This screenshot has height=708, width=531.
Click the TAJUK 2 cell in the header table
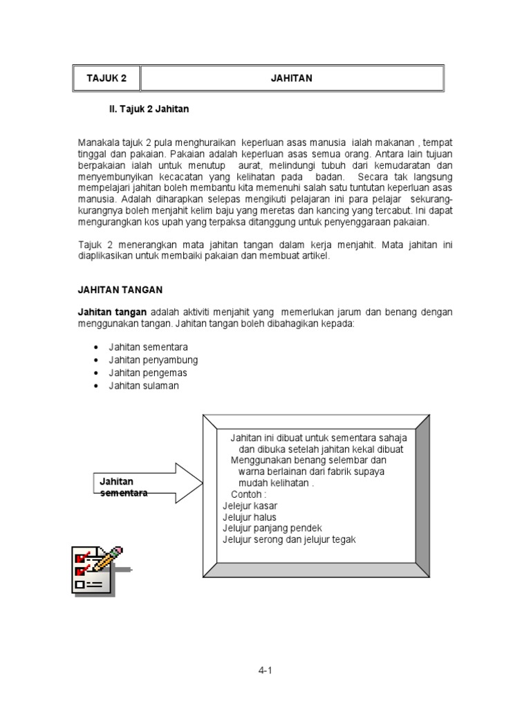tap(106, 78)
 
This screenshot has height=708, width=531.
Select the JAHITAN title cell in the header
tap(291, 78)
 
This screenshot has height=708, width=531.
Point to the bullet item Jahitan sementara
tap(148, 347)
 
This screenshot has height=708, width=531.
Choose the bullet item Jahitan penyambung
tap(153, 360)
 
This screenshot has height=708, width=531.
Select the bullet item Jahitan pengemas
tap(147, 373)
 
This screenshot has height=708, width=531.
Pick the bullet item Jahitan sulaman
tap(143, 386)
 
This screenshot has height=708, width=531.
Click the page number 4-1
tap(266, 669)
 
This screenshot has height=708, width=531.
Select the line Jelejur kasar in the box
tap(250, 505)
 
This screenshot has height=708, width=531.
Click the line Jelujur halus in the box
tap(249, 516)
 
